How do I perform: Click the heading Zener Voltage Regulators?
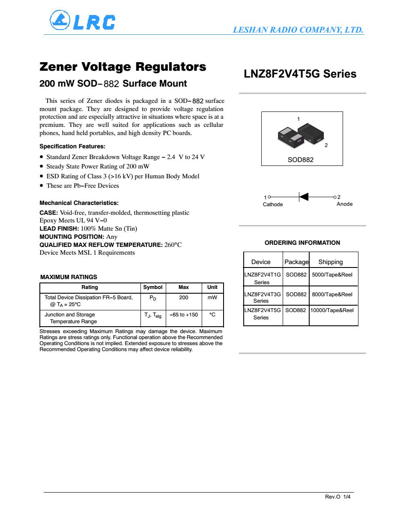(x=122, y=67)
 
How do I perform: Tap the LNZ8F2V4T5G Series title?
(x=300, y=74)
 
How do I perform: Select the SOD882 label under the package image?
(x=300, y=160)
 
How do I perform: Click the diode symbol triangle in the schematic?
(x=304, y=197)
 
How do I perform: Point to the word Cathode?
(x=273, y=204)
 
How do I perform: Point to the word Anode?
(x=344, y=204)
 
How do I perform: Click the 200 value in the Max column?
(x=184, y=298)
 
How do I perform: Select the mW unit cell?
(x=212, y=298)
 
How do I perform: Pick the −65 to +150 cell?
(x=184, y=315)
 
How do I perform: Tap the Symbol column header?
(x=152, y=287)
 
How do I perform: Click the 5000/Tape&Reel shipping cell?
(x=332, y=274)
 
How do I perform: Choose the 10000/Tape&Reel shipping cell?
(x=332, y=310)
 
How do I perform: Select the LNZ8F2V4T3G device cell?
(x=263, y=295)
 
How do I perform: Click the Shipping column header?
(x=331, y=262)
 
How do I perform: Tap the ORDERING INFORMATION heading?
(x=302, y=243)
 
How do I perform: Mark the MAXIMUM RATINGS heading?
(x=69, y=277)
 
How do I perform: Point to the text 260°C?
(x=173, y=245)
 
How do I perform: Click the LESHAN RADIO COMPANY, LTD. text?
(x=298, y=30)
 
